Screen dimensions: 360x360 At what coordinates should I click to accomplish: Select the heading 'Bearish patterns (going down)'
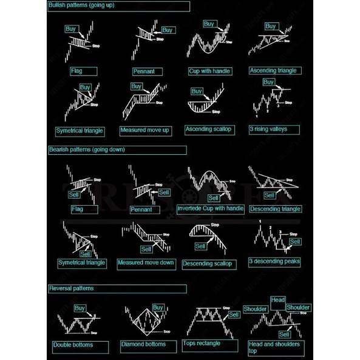click(87, 149)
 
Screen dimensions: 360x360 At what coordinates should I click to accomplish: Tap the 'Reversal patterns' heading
click(72, 288)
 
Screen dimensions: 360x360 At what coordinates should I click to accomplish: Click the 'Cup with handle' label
click(210, 71)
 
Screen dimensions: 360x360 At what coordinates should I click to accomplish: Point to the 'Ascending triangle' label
click(273, 70)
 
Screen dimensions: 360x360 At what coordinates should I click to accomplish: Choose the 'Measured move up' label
click(144, 131)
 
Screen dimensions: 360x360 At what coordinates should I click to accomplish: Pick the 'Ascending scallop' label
click(208, 129)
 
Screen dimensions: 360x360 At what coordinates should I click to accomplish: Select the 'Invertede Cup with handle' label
click(210, 209)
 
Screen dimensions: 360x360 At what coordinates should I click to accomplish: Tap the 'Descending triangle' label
click(274, 209)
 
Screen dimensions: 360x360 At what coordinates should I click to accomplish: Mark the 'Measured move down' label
click(146, 263)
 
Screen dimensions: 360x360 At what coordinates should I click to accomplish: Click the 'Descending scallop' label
click(207, 263)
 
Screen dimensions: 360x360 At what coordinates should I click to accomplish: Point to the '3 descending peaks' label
click(274, 262)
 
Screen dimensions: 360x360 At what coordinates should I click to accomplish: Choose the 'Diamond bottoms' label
click(143, 345)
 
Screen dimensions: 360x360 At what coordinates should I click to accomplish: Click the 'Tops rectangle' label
click(202, 344)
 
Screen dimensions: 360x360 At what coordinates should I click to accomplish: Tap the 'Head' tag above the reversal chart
click(278, 300)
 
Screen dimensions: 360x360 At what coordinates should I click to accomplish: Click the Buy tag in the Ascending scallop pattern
click(197, 91)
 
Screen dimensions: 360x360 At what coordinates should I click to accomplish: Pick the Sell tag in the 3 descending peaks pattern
click(295, 242)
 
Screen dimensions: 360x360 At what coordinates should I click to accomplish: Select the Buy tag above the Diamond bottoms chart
click(158, 307)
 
